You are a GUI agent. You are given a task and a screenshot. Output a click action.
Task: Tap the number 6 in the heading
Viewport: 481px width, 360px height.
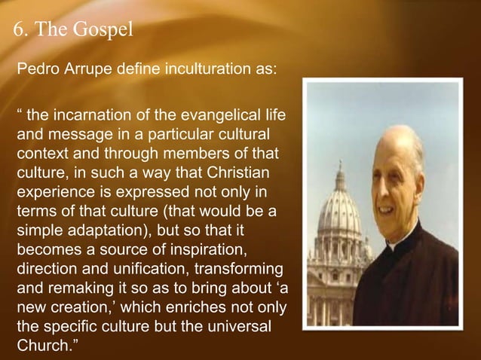coord(19,31)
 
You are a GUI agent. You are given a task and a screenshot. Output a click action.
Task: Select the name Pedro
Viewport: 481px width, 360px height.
coord(37,70)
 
